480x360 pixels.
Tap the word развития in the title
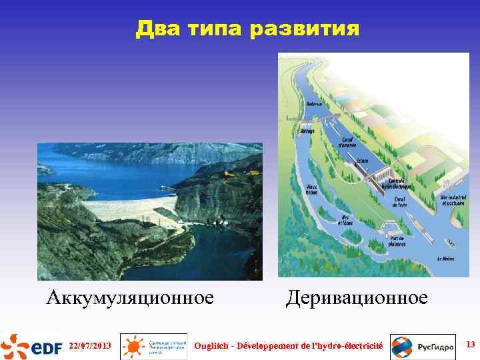(307, 29)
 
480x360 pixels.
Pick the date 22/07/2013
(89, 346)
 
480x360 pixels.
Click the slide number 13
(470, 345)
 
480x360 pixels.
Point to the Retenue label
(314, 103)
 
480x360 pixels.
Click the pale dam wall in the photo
(127, 209)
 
